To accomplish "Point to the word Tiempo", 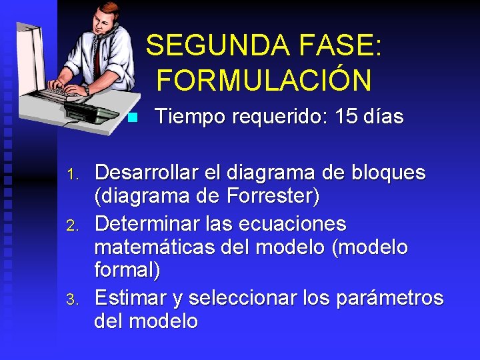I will coord(190,117).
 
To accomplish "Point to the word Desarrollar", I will coord(146,173).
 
